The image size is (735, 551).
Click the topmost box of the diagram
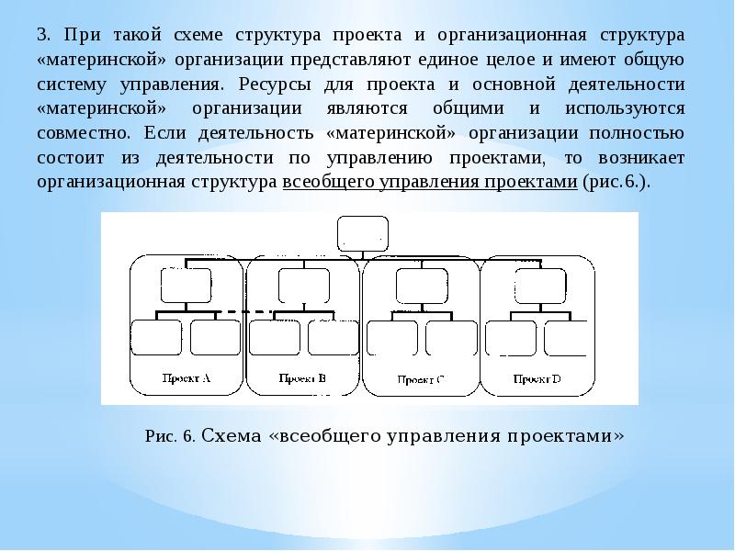[x=363, y=233]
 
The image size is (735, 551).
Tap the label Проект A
[x=187, y=377]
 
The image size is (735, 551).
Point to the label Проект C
[x=420, y=378]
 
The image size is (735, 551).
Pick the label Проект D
[x=537, y=378]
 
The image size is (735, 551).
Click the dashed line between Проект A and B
[x=249, y=312]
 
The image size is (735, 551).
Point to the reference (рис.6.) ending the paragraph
[x=616, y=182]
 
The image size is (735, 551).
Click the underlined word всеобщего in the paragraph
[x=326, y=182]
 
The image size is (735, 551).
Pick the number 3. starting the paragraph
[x=43, y=37]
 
